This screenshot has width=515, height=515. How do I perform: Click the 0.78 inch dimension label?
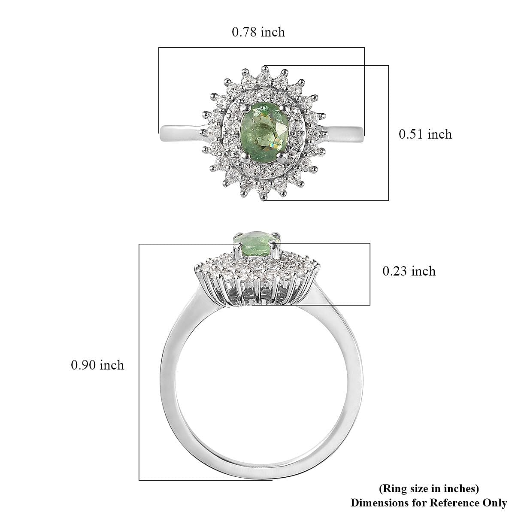(x=258, y=32)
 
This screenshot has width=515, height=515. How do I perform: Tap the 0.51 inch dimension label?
(x=425, y=134)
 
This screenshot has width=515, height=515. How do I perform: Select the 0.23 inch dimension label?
(x=409, y=271)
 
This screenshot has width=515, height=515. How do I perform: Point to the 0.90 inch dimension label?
(x=97, y=365)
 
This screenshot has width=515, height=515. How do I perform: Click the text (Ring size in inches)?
(x=428, y=488)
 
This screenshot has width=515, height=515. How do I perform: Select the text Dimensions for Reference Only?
(x=428, y=503)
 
